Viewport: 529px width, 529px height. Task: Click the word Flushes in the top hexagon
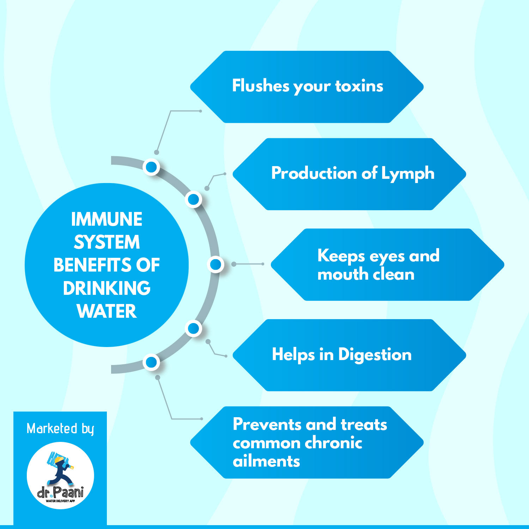[x=261, y=86]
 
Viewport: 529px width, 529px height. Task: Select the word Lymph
[x=408, y=174]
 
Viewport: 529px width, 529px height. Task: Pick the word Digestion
[x=375, y=355]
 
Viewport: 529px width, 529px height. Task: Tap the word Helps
[x=293, y=355]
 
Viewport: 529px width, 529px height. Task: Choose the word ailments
[x=266, y=461]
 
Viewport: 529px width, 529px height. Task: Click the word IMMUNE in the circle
[x=107, y=219]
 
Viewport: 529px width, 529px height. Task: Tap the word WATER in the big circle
[x=107, y=311]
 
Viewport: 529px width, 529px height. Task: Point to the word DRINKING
[x=107, y=288]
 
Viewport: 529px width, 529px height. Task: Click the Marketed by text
[x=60, y=429]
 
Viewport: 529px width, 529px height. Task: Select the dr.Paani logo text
[x=60, y=492]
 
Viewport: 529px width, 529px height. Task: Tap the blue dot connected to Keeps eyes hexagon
[x=216, y=264]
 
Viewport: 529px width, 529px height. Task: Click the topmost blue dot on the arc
[x=151, y=167]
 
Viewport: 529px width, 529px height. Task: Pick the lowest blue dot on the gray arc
[x=151, y=362]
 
